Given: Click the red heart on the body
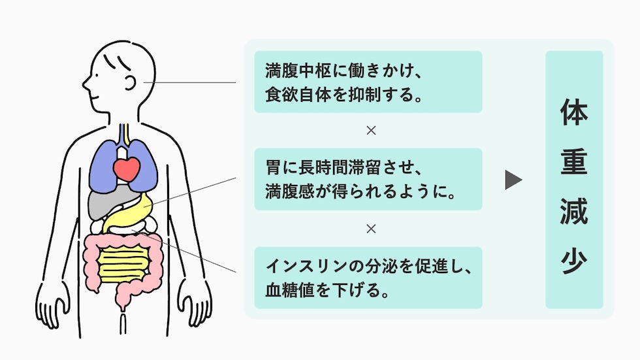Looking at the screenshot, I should (x=127, y=170).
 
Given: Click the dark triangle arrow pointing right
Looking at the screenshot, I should (x=513, y=180).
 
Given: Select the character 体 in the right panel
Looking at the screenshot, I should (x=573, y=114).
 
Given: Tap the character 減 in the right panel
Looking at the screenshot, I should (x=573, y=212).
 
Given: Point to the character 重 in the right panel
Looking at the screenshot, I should (x=573, y=163).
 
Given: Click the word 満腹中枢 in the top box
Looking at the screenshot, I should (x=298, y=69).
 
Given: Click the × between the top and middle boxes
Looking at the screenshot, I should (x=371, y=131).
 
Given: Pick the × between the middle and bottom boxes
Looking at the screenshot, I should (x=371, y=229).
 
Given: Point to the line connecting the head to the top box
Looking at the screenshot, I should (x=196, y=83).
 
